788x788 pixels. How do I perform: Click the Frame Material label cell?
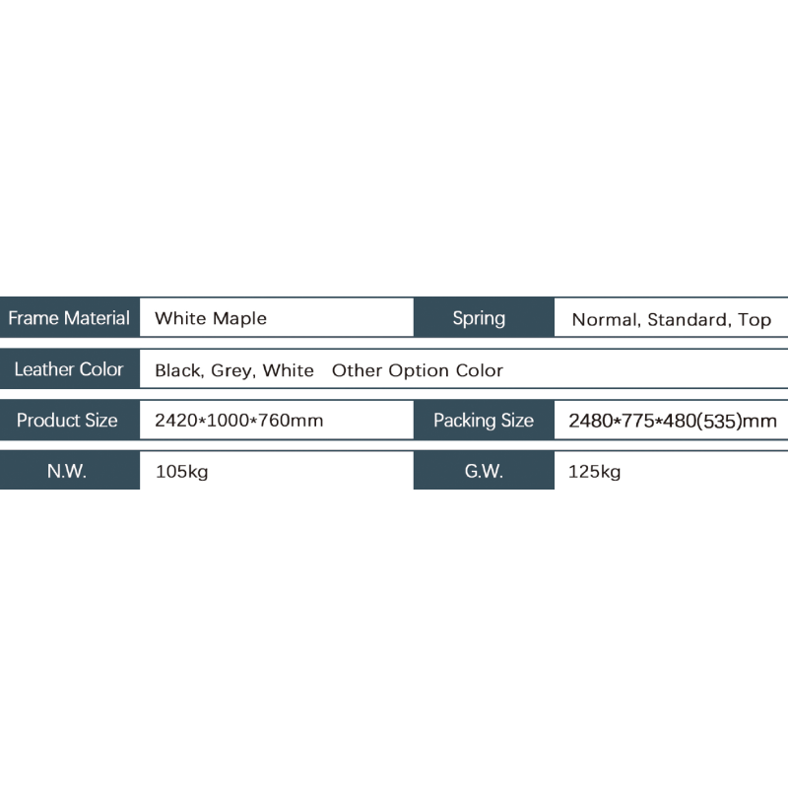(x=69, y=317)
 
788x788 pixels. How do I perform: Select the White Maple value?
(x=211, y=318)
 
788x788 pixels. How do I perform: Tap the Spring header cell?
(x=484, y=317)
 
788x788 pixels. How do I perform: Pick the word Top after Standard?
(x=755, y=320)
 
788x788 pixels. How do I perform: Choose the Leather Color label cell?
(x=69, y=368)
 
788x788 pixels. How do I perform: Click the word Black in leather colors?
(x=179, y=371)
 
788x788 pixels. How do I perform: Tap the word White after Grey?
(x=289, y=370)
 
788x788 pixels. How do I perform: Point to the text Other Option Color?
(x=417, y=370)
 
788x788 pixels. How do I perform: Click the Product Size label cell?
(x=69, y=420)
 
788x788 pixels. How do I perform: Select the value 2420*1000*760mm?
(x=238, y=421)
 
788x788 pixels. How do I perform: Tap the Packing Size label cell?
(x=484, y=420)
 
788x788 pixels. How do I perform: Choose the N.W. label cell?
(x=69, y=471)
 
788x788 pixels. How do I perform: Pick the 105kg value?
(x=181, y=472)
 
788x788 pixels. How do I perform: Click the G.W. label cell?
(x=484, y=471)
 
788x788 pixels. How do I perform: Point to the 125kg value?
(x=595, y=472)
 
